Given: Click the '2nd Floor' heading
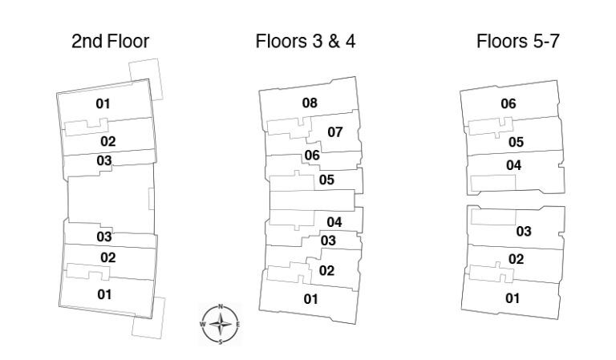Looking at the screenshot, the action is (111, 41).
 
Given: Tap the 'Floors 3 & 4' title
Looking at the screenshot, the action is (306, 41).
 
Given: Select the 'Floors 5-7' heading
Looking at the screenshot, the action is (518, 41).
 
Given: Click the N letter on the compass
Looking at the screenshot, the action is (221, 306).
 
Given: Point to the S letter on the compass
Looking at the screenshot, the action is (221, 342).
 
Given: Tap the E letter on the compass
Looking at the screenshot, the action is (237, 324).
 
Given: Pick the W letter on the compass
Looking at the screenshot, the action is (203, 324).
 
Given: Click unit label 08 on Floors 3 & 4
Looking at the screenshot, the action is (310, 103).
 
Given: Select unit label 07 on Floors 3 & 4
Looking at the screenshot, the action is (335, 132).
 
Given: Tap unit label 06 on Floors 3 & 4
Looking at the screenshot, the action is (312, 155).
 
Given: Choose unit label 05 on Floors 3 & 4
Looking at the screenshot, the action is (326, 180).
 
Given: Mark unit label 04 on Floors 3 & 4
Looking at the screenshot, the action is (334, 222).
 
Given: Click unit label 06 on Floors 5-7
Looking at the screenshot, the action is (509, 103).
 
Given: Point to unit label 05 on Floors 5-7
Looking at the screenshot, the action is (517, 142).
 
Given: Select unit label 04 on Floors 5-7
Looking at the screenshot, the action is (514, 165).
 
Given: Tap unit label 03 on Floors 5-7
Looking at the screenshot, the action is (524, 231).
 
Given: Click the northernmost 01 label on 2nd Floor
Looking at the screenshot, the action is (103, 103).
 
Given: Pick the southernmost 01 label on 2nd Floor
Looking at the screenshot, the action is (104, 294).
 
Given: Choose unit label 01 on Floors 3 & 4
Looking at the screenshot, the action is (310, 299).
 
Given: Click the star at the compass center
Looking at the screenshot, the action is (221, 324).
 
